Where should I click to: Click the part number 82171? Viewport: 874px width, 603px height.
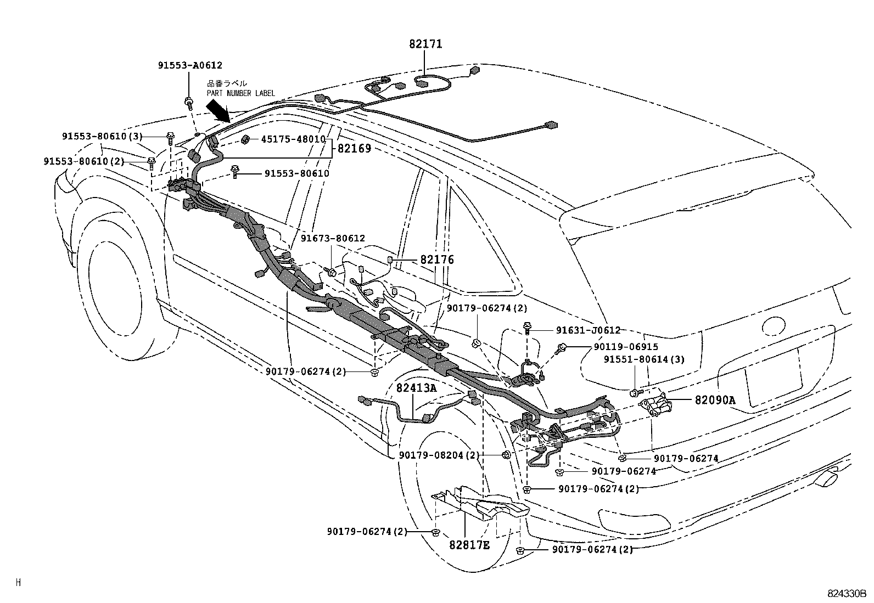(x=425, y=44)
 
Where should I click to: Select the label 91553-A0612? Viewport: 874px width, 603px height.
(x=190, y=65)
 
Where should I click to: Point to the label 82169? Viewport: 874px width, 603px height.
(x=354, y=148)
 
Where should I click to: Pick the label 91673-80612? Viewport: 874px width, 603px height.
(x=333, y=238)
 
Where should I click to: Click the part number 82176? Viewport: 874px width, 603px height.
(x=437, y=260)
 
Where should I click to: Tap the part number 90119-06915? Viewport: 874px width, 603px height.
(x=625, y=347)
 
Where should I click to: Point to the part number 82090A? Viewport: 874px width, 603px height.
(x=714, y=400)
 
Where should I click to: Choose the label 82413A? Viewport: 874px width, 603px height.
(x=416, y=388)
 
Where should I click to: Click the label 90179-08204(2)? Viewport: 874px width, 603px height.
(x=439, y=455)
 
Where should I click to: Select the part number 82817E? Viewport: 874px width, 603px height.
(x=469, y=545)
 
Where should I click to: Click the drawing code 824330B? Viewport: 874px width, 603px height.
(x=847, y=594)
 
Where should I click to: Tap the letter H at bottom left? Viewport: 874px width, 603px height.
(x=18, y=583)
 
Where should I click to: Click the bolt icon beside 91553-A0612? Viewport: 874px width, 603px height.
(x=189, y=102)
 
